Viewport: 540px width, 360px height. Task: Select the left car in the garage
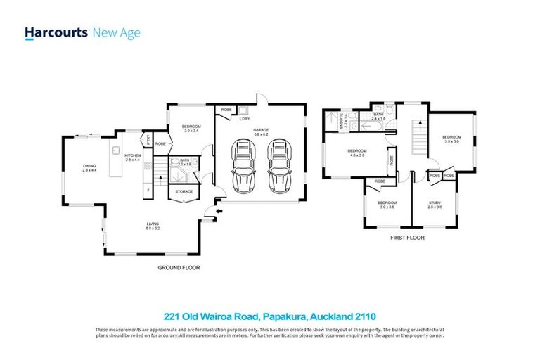pyautogui.click(x=243, y=168)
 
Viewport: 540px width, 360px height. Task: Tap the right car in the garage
pyautogui.click(x=279, y=168)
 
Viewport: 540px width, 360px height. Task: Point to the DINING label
pyautogui.click(x=89, y=167)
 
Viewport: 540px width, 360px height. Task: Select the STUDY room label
pyautogui.click(x=435, y=205)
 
